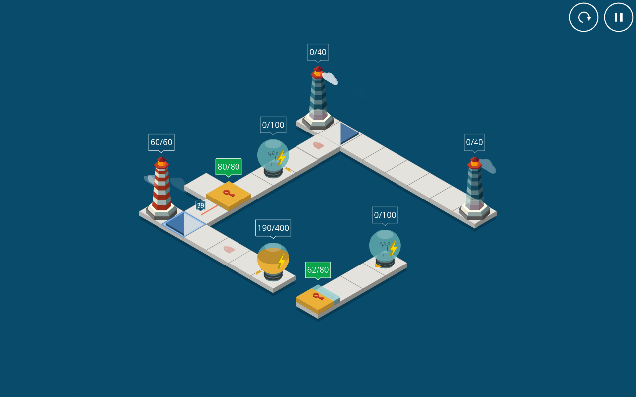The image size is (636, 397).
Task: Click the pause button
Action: coord(619,17)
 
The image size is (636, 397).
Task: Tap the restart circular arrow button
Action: coord(584,17)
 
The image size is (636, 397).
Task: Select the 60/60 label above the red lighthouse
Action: coord(161,142)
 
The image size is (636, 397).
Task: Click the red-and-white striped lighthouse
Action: coord(161,188)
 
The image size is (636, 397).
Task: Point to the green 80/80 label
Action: coord(229,167)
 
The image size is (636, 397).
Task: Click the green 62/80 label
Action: coord(318,270)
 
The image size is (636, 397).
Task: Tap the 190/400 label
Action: coord(273,228)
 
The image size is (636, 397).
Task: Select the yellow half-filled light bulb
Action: coord(273,262)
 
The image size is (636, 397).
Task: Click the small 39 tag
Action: coord(200,205)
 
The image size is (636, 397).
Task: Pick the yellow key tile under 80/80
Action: coord(229,195)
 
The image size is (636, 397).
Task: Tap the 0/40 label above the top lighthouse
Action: coord(318,52)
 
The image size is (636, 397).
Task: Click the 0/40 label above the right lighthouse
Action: coord(475,142)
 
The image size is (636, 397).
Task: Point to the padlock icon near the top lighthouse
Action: coord(318,145)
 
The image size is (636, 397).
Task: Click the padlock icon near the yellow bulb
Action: coord(229,249)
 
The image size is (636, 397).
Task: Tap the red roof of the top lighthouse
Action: coord(318,72)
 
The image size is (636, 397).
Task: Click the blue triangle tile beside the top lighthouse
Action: coord(349,133)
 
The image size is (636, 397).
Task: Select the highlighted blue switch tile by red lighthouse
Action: coord(183,224)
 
